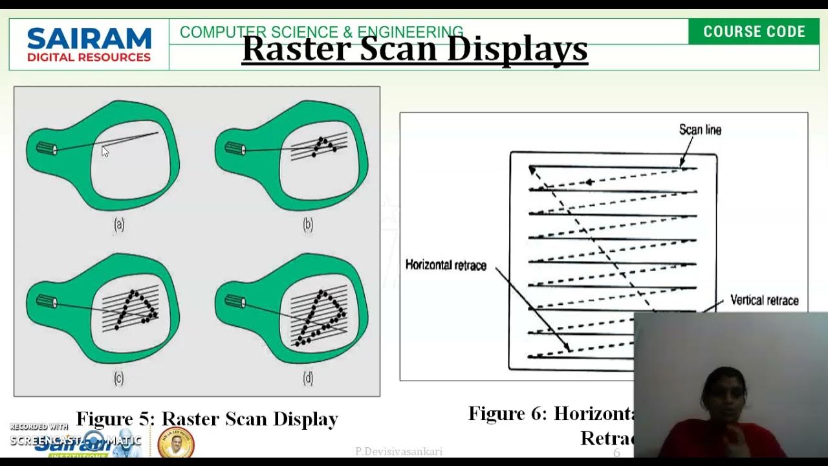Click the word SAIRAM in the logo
click(89, 39)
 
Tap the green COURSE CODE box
click(754, 32)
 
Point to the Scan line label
click(700, 130)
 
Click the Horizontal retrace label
click(446, 265)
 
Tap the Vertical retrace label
click(764, 300)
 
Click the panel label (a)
click(119, 225)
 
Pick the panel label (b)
click(308, 225)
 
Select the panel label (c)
click(119, 379)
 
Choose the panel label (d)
click(308, 379)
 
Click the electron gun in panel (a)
click(47, 149)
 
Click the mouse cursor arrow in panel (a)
click(105, 151)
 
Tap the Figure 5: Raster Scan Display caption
click(207, 419)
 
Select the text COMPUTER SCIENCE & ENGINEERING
click(321, 32)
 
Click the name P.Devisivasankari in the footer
click(398, 452)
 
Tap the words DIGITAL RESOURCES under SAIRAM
click(89, 57)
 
